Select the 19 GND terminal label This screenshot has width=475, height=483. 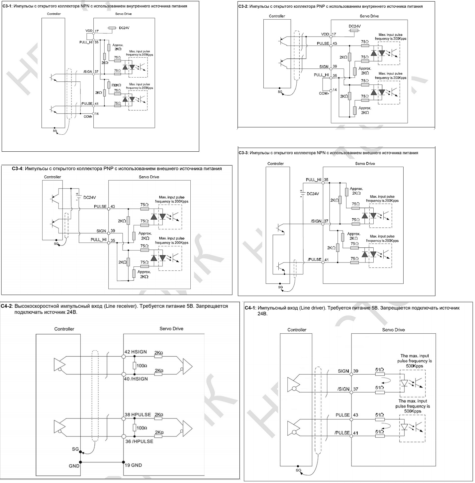[x=133, y=465]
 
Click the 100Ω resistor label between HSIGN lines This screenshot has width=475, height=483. [x=142, y=365]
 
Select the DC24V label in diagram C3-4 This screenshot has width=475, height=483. [x=89, y=197]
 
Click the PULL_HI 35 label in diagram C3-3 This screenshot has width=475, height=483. [x=317, y=180]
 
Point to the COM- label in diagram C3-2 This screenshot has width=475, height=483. [x=324, y=93]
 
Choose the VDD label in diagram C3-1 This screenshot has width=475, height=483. [x=89, y=31]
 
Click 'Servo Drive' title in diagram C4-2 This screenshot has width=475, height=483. [x=171, y=328]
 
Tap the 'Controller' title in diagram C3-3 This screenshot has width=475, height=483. [x=275, y=163]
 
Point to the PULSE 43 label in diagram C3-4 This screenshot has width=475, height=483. [x=104, y=207]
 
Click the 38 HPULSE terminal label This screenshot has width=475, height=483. [x=138, y=414]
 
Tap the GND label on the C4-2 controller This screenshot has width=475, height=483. [x=74, y=466]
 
